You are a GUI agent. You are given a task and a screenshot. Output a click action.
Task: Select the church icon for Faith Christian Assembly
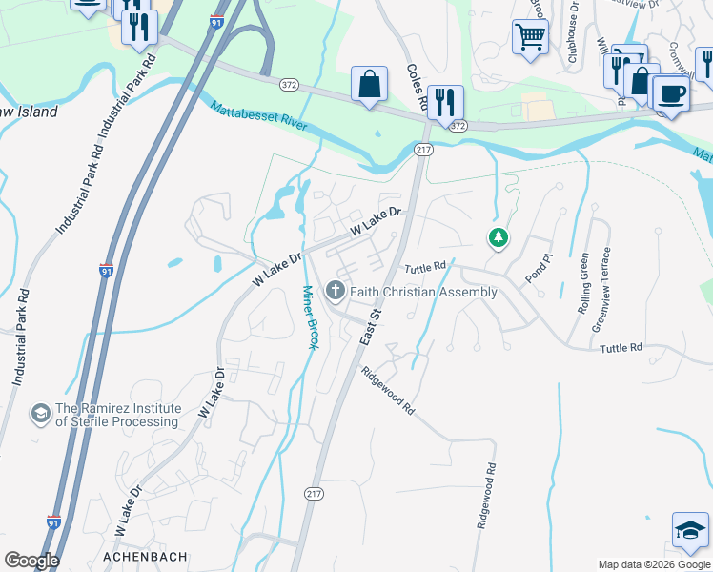[x=335, y=289]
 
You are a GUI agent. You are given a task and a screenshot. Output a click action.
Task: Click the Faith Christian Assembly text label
[x=423, y=292]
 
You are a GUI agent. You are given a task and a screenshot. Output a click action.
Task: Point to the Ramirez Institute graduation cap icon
[x=40, y=414]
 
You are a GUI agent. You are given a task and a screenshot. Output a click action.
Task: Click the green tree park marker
[x=497, y=237]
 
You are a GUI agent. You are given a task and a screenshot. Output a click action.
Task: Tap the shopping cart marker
[x=529, y=38]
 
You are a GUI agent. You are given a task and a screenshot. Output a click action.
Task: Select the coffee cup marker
[x=671, y=94]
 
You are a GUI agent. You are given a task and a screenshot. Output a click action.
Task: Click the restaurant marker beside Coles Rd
[x=445, y=101]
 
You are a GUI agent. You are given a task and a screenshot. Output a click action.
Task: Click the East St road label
[x=370, y=326]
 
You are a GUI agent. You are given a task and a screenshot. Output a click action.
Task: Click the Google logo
[x=31, y=561]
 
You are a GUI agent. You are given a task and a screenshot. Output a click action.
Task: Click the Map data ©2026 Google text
[x=654, y=564]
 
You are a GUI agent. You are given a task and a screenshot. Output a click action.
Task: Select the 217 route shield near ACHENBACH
[x=314, y=493]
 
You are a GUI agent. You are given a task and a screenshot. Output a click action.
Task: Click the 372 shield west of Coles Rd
[x=289, y=86]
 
